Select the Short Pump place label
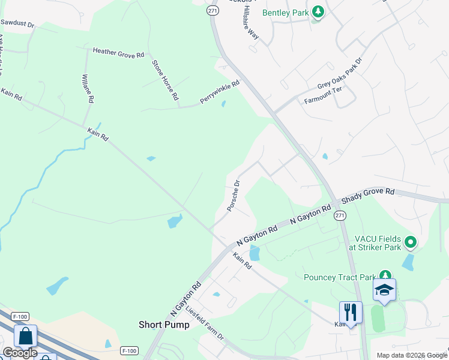click(x=164, y=325)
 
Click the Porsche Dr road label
click(x=234, y=196)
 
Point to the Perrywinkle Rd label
click(x=220, y=92)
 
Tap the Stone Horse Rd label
click(x=165, y=80)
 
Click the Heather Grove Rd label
click(x=118, y=54)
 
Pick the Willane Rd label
click(x=88, y=89)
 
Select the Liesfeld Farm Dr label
click(x=205, y=325)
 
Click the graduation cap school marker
click(x=384, y=291)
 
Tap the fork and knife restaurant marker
click(x=351, y=312)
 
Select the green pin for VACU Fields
click(x=411, y=242)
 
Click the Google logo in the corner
click(x=20, y=353)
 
